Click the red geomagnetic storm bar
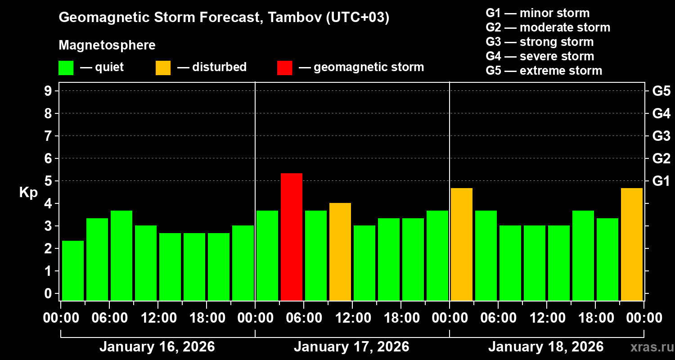(292, 237)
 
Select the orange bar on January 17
(340, 252)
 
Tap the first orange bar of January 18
(462, 244)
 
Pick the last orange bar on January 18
(632, 244)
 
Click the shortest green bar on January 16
(73, 270)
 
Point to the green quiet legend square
(66, 67)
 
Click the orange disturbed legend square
(163, 67)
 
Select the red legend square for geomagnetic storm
(284, 67)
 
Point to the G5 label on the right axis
(661, 91)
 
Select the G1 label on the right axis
(661, 181)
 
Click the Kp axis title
(28, 193)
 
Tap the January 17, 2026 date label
(351, 347)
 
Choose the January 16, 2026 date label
(157, 347)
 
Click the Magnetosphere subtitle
(107, 45)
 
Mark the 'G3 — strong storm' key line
(540, 42)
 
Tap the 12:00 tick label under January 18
(546, 318)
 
